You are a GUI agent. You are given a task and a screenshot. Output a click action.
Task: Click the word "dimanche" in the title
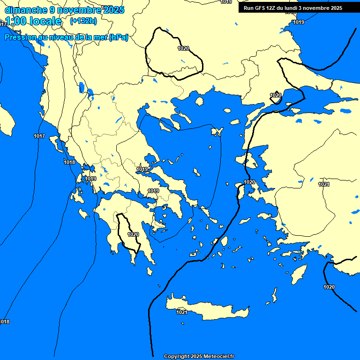pyautogui.click(x=26, y=10)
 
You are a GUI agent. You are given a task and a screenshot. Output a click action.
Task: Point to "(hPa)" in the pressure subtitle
pyautogui.click(x=118, y=37)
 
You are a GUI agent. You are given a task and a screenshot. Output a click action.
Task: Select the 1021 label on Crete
pyautogui.click(x=182, y=312)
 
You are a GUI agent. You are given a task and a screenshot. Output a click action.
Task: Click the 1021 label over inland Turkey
pyautogui.click(x=324, y=184)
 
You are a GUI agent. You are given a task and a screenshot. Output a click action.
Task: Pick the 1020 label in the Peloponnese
pyautogui.click(x=133, y=234)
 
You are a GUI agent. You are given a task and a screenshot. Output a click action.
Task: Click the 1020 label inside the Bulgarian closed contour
pyautogui.click(x=183, y=48)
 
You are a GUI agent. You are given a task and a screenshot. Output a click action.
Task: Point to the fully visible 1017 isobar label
pyautogui.click(x=39, y=136)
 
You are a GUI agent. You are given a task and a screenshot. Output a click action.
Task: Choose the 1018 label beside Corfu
pyautogui.click(x=69, y=162)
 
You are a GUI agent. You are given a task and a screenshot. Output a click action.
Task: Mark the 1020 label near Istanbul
pyautogui.click(x=276, y=95)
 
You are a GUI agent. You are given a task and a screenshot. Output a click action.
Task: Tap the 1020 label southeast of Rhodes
pyautogui.click(x=329, y=287)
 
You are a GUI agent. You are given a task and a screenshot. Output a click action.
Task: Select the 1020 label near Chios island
pyautogui.click(x=249, y=182)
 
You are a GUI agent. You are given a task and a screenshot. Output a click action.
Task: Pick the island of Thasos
pyautogui.click(x=199, y=101)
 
